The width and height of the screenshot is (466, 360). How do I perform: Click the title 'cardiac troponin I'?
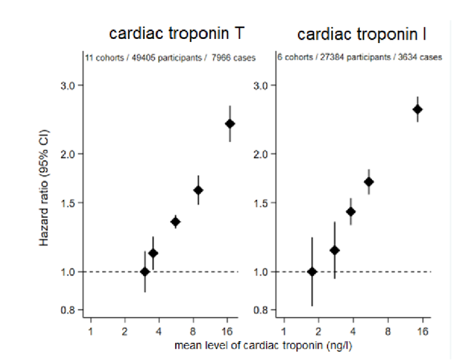[362, 34]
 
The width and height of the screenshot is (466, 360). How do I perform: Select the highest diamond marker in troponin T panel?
[230, 123]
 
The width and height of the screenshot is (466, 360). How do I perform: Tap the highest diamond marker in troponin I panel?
[418, 109]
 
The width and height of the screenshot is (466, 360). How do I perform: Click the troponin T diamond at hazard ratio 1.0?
[145, 271]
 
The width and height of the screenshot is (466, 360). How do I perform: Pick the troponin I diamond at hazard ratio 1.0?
[313, 271]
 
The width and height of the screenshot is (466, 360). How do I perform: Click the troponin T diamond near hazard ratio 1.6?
[198, 190]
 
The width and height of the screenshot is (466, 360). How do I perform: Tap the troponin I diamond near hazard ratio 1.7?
[369, 182]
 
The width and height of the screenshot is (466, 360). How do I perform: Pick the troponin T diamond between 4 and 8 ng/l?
[175, 222]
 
